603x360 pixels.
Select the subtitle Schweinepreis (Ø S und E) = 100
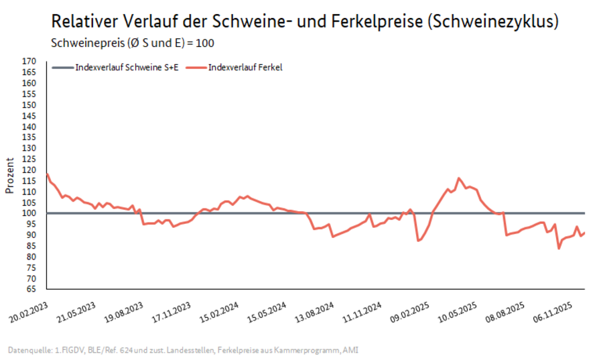(133, 43)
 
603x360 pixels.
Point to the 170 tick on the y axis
(28, 62)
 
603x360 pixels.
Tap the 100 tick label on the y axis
(28, 213)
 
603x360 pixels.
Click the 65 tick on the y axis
(30, 289)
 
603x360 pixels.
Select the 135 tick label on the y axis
(28, 137)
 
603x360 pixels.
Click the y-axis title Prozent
(10, 175)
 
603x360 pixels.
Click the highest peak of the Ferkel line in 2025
(458, 178)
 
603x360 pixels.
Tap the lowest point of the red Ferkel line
(559, 248)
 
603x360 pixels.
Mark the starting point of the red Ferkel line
(46, 174)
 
